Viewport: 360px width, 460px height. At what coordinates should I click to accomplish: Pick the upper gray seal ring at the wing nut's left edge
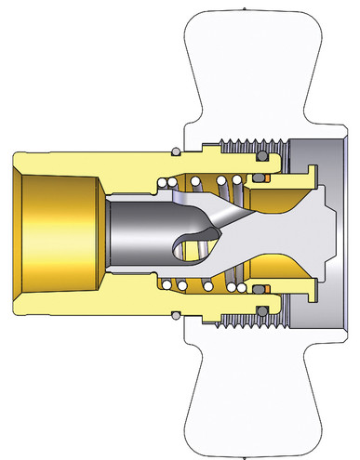pos(176,150)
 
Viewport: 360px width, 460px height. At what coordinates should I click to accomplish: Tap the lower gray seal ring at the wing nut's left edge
pos(176,312)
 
